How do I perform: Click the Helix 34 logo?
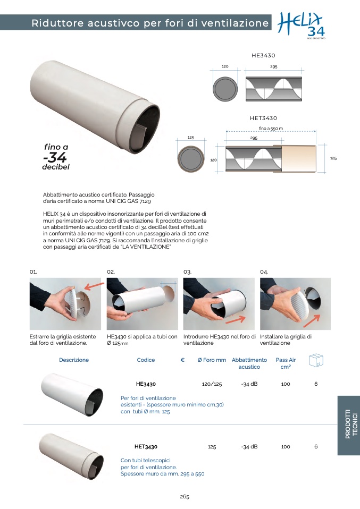click(x=301, y=26)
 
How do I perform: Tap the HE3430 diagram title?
click(x=263, y=55)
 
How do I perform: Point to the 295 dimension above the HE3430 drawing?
click(x=273, y=66)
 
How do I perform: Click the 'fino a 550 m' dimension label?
click(x=271, y=129)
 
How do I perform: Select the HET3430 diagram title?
click(x=263, y=118)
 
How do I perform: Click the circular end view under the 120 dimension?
click(x=225, y=89)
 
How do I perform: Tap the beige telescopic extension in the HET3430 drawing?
click(x=299, y=158)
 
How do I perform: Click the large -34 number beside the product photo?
click(x=55, y=157)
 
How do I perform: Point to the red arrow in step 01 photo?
click(x=94, y=286)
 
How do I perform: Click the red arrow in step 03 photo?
click(x=235, y=319)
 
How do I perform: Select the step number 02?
click(x=111, y=272)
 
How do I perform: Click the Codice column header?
click(x=146, y=360)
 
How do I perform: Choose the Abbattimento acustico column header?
click(x=249, y=363)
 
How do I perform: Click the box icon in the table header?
click(x=316, y=360)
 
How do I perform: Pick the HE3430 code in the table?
click(x=146, y=384)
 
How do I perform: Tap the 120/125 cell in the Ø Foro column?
click(x=212, y=384)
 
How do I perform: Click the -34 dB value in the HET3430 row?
click(x=249, y=447)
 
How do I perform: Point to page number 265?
click(x=185, y=496)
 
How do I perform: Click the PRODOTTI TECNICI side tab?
click(x=349, y=425)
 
